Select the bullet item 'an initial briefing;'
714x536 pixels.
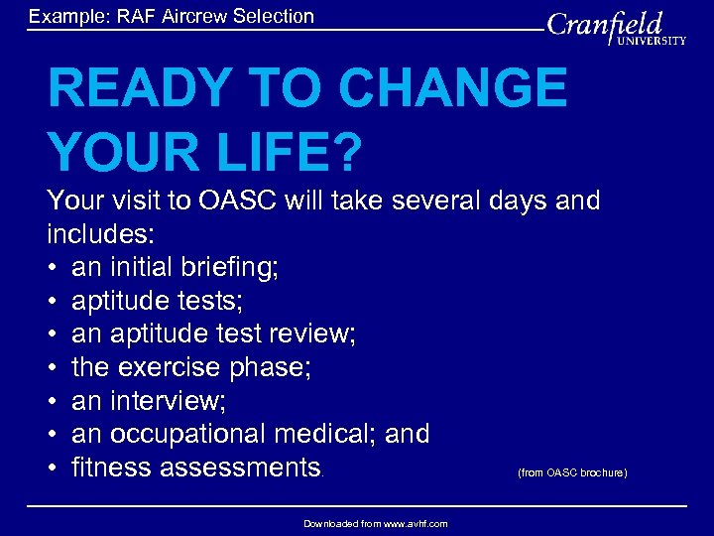pos(175,267)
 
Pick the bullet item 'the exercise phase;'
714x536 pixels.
pos(191,367)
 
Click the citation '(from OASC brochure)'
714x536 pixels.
pos(572,472)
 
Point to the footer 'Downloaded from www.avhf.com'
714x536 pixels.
pos(375,523)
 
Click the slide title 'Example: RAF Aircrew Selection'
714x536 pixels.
pos(172,16)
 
